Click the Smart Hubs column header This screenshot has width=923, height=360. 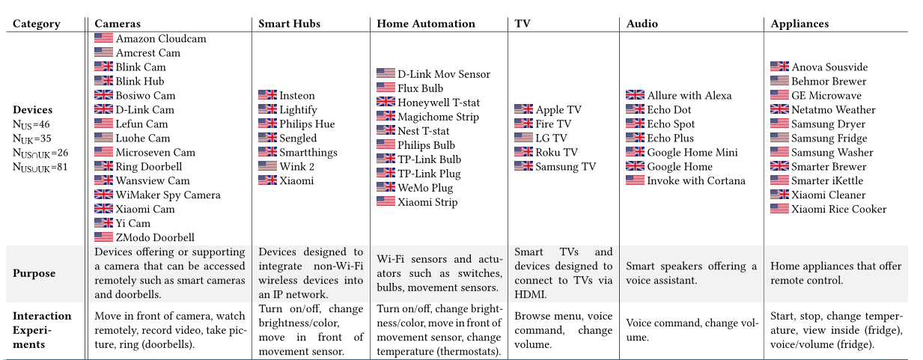[x=289, y=24]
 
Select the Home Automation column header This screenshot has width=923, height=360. [x=425, y=24]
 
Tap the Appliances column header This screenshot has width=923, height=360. [x=799, y=24]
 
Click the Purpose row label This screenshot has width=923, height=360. [x=34, y=273]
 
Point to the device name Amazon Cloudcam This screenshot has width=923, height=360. [x=160, y=39]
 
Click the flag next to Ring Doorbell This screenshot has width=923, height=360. [x=103, y=167]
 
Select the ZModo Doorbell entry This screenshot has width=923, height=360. [x=154, y=238]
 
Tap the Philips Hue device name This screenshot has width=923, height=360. [x=307, y=124]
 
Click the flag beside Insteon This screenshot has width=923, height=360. [x=267, y=96]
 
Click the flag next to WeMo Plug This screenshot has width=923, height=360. [x=386, y=188]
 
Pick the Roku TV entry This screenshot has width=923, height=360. [x=556, y=153]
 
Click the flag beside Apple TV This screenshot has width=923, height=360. [x=523, y=110]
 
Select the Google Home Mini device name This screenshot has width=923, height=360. [x=692, y=153]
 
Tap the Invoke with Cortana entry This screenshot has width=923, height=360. [x=696, y=181]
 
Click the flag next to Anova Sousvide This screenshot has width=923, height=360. [x=779, y=67]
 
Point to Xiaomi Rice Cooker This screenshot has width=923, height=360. [x=838, y=210]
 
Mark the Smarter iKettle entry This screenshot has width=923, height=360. [x=826, y=181]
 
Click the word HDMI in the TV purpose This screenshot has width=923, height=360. [x=531, y=295]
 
